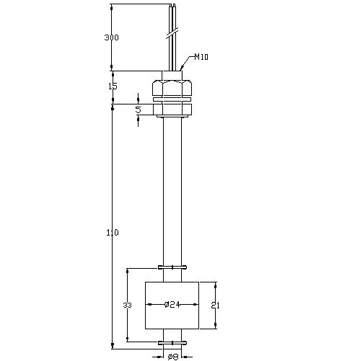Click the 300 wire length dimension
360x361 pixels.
(x=111, y=37)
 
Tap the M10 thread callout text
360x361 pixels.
(x=201, y=57)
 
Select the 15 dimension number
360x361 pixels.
(x=113, y=86)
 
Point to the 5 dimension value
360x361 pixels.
(x=138, y=110)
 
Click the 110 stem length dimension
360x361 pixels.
(x=113, y=233)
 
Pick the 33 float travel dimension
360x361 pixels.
(x=127, y=306)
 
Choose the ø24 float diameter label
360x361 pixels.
(x=172, y=305)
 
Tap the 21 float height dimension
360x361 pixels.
(x=216, y=306)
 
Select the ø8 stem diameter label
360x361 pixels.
(x=172, y=357)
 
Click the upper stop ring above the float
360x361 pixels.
(x=172, y=267)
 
